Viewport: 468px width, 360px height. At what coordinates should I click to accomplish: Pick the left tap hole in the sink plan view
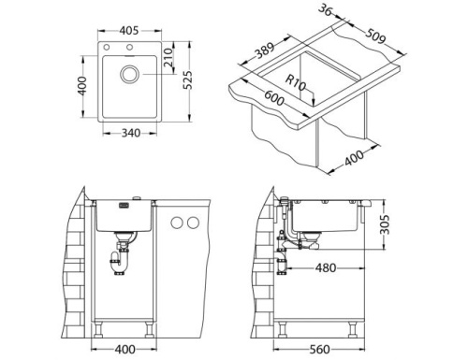pyautogui.click(x=108, y=48)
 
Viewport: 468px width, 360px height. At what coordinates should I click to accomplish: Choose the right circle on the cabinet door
pyautogui.click(x=194, y=222)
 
